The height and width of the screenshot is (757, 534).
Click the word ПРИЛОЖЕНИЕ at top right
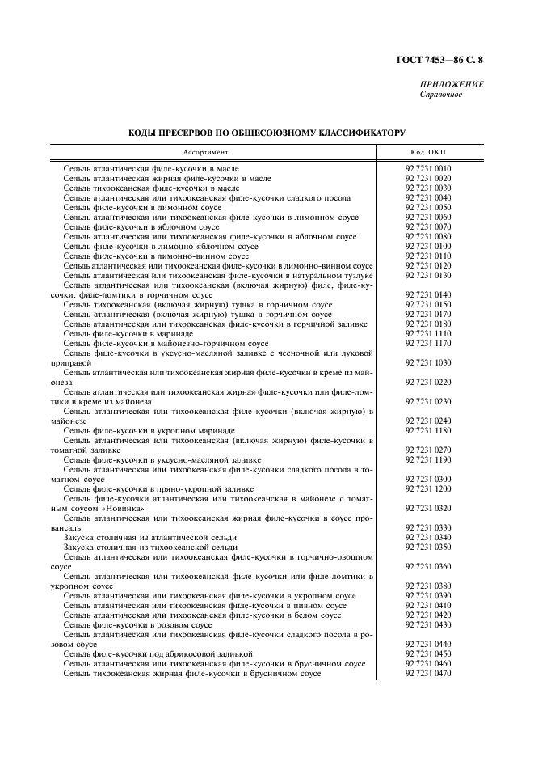point(452,85)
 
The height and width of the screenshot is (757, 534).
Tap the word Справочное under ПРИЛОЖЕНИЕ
point(441,95)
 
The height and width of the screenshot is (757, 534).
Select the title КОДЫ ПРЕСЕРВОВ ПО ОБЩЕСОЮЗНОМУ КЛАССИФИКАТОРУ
point(267,132)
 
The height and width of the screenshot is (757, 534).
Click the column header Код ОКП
point(428,152)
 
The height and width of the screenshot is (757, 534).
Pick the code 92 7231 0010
point(428,168)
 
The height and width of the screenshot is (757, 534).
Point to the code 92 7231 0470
point(428,673)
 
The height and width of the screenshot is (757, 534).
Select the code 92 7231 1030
point(428,362)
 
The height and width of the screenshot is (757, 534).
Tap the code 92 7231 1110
point(428,333)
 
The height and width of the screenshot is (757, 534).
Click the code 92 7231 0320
point(428,508)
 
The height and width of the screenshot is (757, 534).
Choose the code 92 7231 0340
point(428,537)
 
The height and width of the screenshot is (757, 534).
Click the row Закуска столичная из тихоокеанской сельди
point(150,547)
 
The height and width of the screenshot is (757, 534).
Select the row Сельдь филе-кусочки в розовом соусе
point(138,624)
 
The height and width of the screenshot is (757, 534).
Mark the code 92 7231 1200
point(428,488)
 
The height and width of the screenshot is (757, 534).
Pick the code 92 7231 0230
point(428,401)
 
